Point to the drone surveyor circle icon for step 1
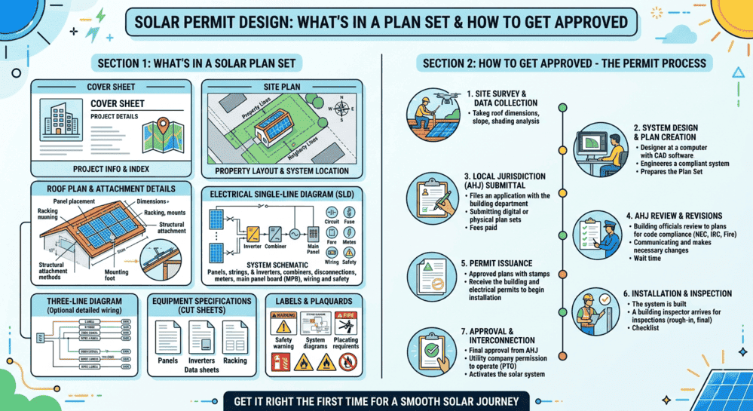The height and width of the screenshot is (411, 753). [x=432, y=115]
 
